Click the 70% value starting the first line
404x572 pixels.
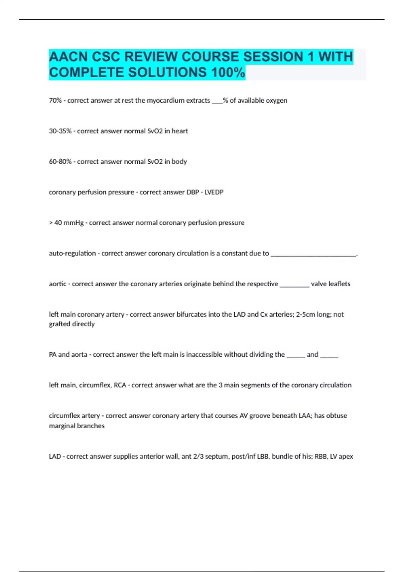click(55, 101)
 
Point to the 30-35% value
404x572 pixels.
click(60, 131)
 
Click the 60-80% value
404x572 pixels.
click(60, 162)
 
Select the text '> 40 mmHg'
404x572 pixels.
click(66, 223)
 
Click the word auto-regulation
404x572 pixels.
click(72, 253)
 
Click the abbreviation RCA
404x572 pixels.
click(120, 385)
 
